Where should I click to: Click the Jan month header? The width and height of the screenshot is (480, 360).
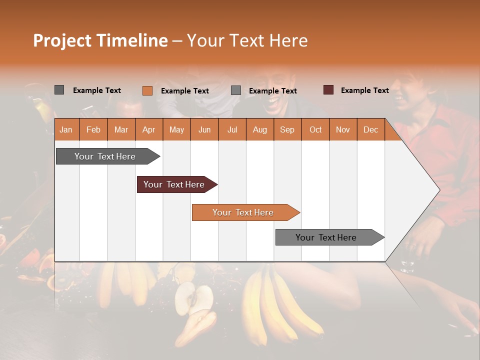point(66,129)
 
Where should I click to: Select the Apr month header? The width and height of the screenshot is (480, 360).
point(148,129)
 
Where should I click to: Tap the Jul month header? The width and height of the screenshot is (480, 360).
point(232,129)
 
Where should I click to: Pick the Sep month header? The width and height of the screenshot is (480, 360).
point(287,129)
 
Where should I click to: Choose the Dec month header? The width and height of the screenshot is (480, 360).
point(370,129)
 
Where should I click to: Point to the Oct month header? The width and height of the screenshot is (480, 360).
point(315,129)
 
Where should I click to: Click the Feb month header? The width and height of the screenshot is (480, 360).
point(93,129)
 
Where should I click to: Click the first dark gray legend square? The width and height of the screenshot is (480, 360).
point(59,90)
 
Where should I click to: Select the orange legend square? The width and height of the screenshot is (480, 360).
point(147,90)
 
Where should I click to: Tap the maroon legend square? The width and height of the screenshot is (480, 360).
point(328,90)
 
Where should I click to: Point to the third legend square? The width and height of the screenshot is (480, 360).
point(236,90)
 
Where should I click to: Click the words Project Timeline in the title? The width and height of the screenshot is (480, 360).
point(100,40)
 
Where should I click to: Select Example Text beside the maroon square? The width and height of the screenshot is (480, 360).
point(364,90)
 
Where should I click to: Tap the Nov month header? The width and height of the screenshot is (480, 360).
point(342,129)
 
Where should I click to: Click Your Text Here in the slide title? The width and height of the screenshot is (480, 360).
point(247,40)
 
